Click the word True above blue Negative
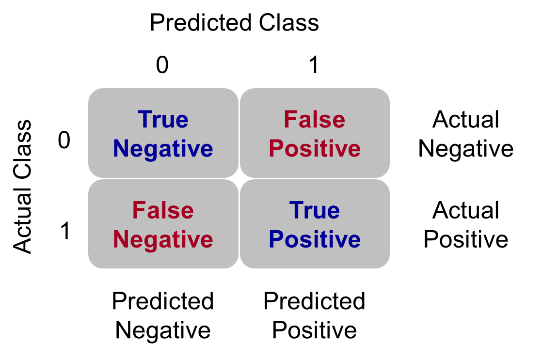(x=163, y=120)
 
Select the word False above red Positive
(x=315, y=120)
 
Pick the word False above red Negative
(x=163, y=211)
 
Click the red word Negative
(x=163, y=240)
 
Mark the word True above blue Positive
(x=315, y=211)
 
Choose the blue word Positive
(x=315, y=240)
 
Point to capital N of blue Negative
(x=121, y=148)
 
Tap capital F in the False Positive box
(x=290, y=120)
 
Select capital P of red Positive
(x=276, y=148)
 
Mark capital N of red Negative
(x=121, y=239)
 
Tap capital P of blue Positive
(x=276, y=239)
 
